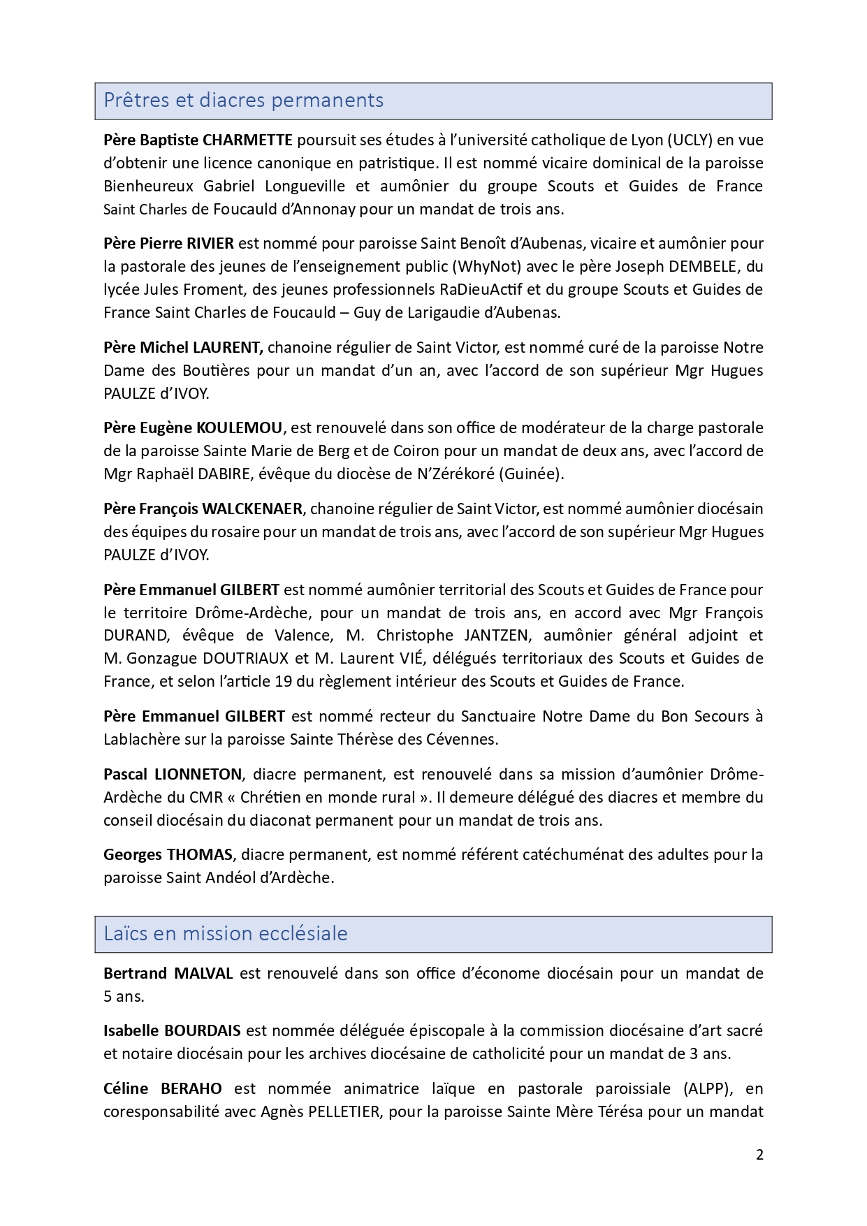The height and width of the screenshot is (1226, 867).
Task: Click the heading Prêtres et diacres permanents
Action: click(243, 101)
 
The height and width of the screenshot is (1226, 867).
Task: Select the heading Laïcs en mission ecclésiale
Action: click(225, 934)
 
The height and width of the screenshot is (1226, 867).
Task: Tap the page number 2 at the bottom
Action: click(759, 1155)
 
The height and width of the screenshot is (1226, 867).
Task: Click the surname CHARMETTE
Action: click(247, 140)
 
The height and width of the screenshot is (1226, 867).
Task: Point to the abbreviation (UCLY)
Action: click(690, 140)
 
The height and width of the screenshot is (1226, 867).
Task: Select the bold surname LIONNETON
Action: click(198, 774)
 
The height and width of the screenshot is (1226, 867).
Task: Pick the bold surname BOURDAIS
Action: click(203, 1030)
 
